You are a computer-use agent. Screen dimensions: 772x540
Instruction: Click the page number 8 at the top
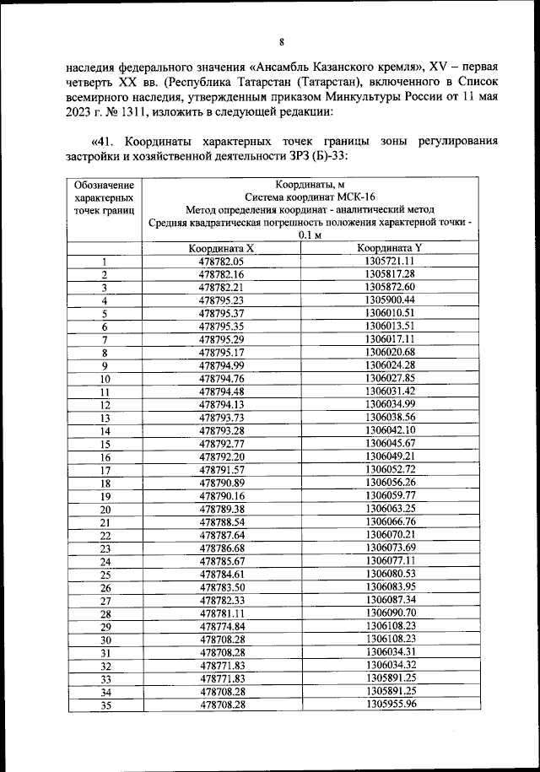(282, 43)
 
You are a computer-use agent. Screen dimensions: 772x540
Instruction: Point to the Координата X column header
(221, 249)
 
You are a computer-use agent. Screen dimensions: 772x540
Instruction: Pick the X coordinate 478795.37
(221, 313)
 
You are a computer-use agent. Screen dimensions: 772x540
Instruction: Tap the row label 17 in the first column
(105, 470)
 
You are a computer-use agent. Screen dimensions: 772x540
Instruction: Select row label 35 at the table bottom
(105, 705)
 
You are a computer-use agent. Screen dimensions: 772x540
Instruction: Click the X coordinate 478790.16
(221, 495)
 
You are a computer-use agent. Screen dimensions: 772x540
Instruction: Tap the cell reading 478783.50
(221, 587)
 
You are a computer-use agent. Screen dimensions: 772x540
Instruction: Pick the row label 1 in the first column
(105, 262)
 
